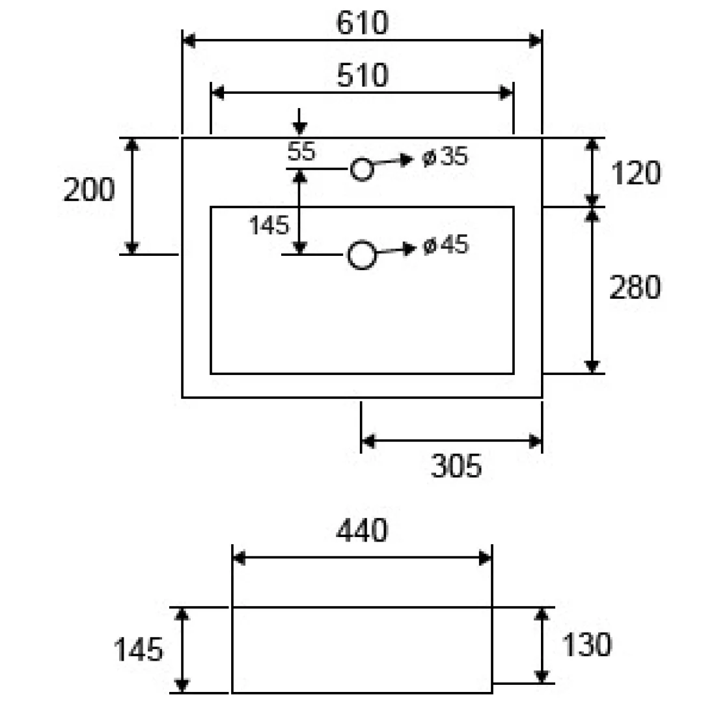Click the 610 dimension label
(363, 23)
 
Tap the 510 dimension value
(363, 75)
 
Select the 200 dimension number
(89, 189)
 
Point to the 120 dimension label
(636, 172)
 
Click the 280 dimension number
(635, 287)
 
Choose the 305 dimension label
(456, 466)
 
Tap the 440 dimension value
(362, 531)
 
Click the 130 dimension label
(586, 644)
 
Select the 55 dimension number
(301, 151)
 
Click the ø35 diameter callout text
(445, 156)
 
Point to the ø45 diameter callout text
(446, 245)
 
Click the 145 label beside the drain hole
(269, 225)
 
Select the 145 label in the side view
(138, 650)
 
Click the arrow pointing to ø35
(393, 161)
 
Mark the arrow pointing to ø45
(396, 250)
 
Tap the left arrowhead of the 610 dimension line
(189, 40)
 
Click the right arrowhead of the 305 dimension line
(535, 441)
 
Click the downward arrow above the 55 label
(299, 122)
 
